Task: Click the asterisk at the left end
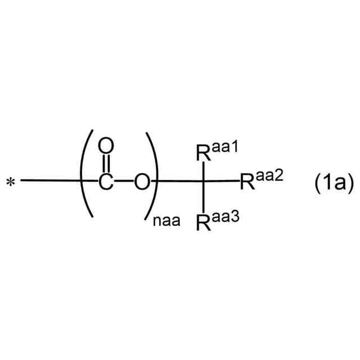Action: (11, 182)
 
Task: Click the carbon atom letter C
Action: (105, 181)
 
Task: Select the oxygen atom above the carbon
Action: (105, 147)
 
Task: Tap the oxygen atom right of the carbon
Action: (143, 181)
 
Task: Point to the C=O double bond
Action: (105, 164)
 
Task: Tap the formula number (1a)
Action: (333, 182)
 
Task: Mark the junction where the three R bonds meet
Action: (204, 181)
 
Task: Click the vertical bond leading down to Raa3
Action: (204, 196)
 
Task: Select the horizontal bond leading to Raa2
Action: (222, 181)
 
